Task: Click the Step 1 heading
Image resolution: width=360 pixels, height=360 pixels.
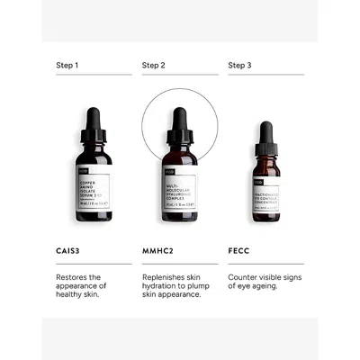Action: (67, 65)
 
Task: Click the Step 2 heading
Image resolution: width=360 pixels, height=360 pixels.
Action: (153, 65)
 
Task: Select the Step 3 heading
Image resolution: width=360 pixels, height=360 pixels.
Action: (239, 65)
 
